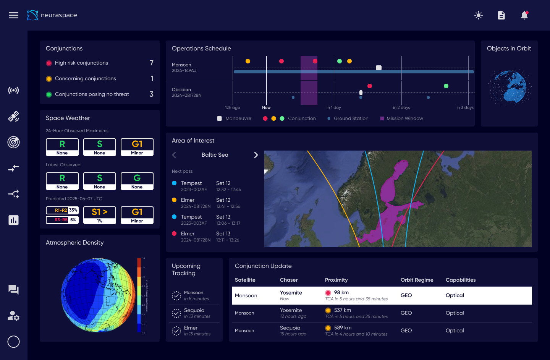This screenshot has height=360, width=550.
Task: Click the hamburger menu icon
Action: pos(14,15)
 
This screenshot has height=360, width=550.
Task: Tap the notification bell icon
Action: pos(524,15)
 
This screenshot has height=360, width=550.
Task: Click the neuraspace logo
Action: pos(52,15)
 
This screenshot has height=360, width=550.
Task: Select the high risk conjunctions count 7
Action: pos(152,63)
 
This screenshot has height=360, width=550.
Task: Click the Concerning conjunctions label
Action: pos(85,79)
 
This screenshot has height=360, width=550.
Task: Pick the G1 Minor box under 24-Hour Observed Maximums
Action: pos(137,147)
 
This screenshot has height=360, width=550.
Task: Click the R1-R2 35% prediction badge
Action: pos(62,210)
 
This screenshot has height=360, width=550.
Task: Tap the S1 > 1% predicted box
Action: pos(100,215)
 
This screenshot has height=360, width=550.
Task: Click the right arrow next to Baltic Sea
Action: pos(256,155)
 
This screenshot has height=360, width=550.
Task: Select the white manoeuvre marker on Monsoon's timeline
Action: pos(379,68)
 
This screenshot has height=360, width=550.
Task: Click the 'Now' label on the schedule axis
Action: pos(266,108)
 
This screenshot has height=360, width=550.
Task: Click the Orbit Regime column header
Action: pos(417,280)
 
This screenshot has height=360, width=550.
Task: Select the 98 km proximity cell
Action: pos(341,293)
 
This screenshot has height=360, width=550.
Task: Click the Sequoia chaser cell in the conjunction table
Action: pos(290,328)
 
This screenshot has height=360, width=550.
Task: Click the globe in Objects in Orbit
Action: pos(509,87)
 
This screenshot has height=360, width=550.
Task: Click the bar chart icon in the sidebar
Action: pos(14,220)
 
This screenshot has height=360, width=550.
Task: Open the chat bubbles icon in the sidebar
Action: pos(14,290)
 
